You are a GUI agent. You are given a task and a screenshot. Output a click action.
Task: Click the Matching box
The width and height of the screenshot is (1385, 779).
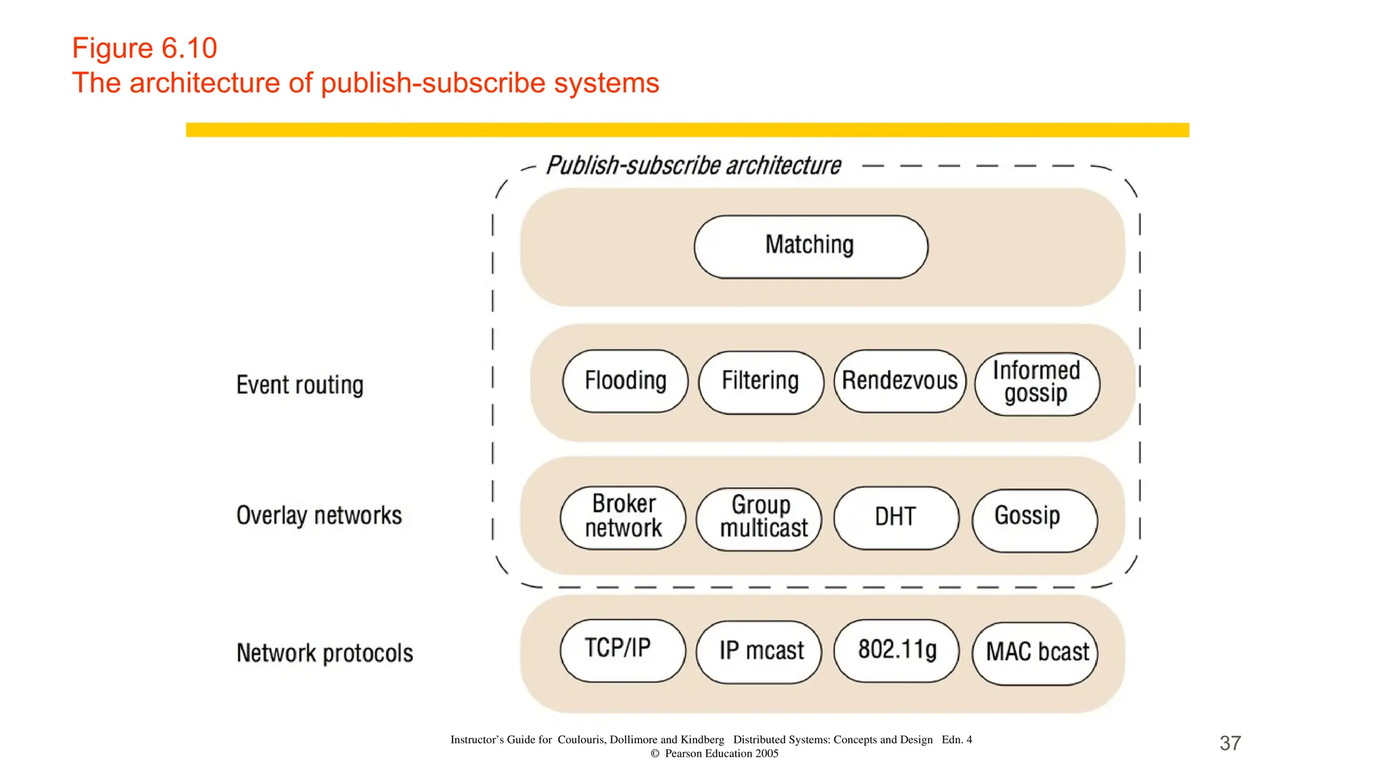pyautogui.click(x=810, y=246)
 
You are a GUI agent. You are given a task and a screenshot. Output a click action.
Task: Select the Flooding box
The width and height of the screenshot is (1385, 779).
pyautogui.click(x=625, y=381)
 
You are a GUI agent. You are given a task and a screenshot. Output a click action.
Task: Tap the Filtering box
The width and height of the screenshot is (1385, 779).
pyautogui.click(x=761, y=381)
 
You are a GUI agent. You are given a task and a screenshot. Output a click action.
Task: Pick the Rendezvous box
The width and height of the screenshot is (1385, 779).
pyautogui.click(x=899, y=381)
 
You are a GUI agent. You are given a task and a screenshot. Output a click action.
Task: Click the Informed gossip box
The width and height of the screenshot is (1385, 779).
pyautogui.click(x=1037, y=383)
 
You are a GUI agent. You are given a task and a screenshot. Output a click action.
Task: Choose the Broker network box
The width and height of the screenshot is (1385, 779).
pyautogui.click(x=623, y=517)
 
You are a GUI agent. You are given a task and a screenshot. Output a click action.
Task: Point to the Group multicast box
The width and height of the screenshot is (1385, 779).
pyautogui.click(x=759, y=518)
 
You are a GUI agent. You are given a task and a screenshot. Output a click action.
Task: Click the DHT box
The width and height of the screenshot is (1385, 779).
pyautogui.click(x=896, y=517)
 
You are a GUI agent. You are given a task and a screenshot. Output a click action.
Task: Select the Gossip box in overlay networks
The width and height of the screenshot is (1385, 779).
pyautogui.click(x=1034, y=519)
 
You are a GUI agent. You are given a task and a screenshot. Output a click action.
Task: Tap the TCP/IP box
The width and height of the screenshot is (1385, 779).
pyautogui.click(x=622, y=650)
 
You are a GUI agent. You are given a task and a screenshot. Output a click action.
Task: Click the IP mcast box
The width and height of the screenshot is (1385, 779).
pyautogui.click(x=759, y=651)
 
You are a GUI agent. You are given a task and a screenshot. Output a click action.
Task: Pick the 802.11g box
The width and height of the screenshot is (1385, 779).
pyautogui.click(x=896, y=650)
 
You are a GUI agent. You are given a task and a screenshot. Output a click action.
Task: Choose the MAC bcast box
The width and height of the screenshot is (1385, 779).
pyautogui.click(x=1035, y=653)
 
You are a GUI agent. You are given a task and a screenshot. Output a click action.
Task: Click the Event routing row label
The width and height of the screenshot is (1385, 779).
pyautogui.click(x=300, y=385)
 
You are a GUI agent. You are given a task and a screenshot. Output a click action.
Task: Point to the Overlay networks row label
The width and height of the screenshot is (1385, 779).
pyautogui.click(x=319, y=515)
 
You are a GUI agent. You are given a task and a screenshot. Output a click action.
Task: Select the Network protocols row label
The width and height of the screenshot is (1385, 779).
pyautogui.click(x=325, y=653)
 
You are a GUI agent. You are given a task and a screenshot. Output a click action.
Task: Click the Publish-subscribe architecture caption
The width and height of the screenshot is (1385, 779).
pyautogui.click(x=693, y=166)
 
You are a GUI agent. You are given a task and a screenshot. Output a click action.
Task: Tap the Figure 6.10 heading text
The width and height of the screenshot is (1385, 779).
pyautogui.click(x=144, y=48)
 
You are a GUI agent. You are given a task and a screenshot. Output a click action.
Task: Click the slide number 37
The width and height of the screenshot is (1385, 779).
pyautogui.click(x=1229, y=743)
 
